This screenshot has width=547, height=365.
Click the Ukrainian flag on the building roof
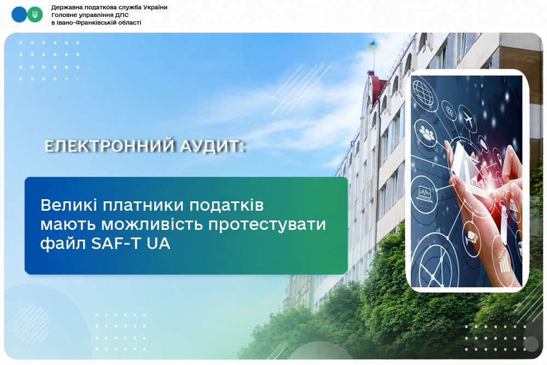pos(371,45)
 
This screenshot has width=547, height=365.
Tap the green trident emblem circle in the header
pos(34,15)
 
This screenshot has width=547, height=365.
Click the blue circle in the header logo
pos(19,15)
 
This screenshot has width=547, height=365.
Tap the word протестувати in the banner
pos(267,225)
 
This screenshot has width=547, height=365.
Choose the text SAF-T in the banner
pos(116,244)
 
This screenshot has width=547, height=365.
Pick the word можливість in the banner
pos(152,224)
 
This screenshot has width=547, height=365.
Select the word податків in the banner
pos(226,205)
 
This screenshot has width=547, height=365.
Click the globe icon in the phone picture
pos(423,91)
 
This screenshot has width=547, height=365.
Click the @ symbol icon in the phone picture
pos(450,112)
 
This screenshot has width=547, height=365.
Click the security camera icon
pos(472,237)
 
